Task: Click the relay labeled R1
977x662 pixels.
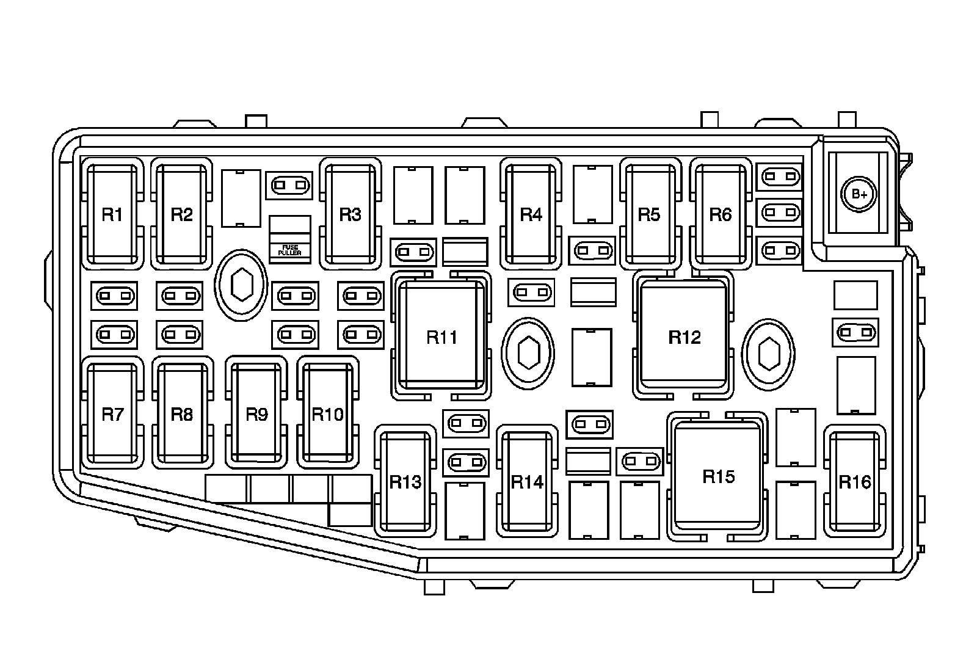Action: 112,214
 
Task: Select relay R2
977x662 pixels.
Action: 181,214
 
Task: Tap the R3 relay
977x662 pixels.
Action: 350,214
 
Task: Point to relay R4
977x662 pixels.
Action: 531,214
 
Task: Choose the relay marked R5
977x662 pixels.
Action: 649,214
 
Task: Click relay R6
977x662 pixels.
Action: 721,214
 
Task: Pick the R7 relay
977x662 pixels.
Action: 112,415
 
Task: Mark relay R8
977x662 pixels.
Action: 182,415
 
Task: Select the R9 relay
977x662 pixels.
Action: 256,415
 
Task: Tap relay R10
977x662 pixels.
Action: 328,415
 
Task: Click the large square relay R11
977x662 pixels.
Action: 442,337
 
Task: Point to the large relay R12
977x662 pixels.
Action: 684,337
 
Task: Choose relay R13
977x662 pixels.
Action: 405,482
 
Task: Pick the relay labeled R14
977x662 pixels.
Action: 527,482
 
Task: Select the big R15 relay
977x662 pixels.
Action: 718,476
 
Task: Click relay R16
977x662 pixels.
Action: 854,482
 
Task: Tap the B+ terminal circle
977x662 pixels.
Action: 859,194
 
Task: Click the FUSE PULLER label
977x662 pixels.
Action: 289,249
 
